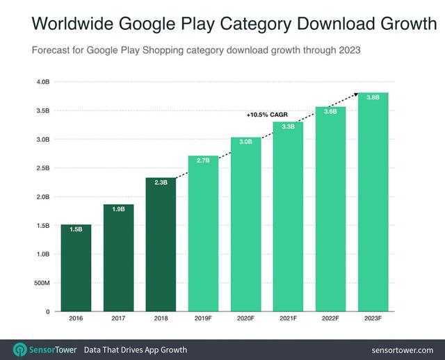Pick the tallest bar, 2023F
click(373, 202)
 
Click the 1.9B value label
click(119, 208)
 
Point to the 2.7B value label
click(203, 160)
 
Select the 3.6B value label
click(330, 111)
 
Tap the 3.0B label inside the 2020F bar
click(245, 142)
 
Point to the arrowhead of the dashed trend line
click(356, 93)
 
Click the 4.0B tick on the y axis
click(42, 82)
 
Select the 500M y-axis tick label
click(42, 283)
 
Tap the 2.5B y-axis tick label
click(42, 168)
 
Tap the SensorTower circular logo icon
click(20, 349)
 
